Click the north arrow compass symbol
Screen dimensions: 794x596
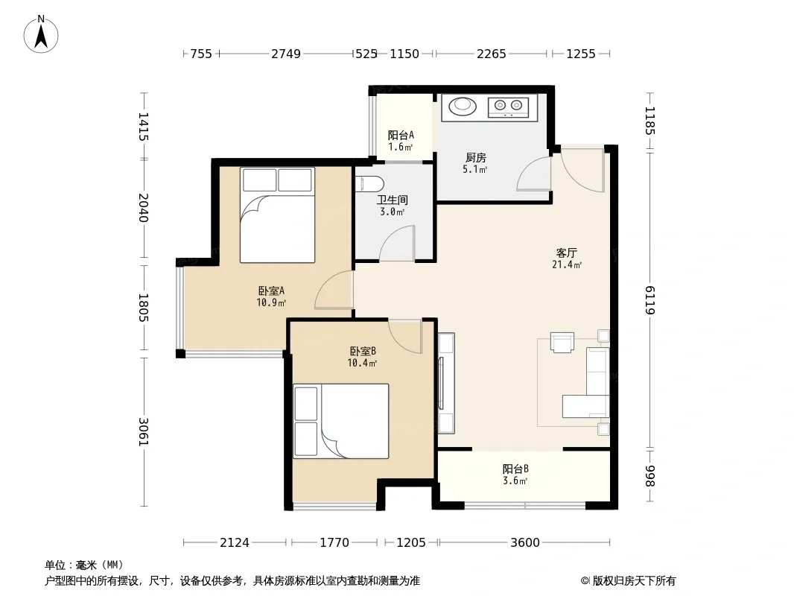(x=41, y=34)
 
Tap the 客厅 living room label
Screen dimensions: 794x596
(x=566, y=253)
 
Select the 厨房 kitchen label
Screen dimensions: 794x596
(x=475, y=158)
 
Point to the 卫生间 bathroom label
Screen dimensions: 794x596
(x=393, y=200)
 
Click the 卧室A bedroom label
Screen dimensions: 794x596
(x=271, y=291)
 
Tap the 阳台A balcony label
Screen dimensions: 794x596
(x=401, y=135)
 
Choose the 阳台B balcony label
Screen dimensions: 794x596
(x=515, y=469)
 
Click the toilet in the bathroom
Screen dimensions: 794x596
(x=366, y=183)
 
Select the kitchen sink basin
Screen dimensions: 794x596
(x=463, y=106)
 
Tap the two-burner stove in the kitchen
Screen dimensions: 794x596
(x=508, y=107)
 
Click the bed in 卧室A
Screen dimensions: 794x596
(x=278, y=215)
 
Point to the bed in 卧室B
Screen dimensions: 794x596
(x=341, y=422)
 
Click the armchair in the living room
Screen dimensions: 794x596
(x=562, y=342)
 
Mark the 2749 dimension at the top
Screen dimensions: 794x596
(x=286, y=54)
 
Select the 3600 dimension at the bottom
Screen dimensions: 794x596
(x=525, y=543)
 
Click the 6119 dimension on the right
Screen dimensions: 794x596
(x=650, y=300)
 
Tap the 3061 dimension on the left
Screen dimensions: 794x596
(x=143, y=432)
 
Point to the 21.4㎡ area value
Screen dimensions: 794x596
(x=567, y=264)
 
